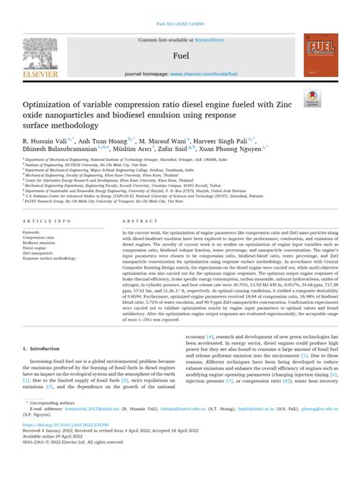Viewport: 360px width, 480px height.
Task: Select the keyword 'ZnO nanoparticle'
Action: [x=39, y=253]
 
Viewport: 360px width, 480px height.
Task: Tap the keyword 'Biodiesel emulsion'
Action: [x=42, y=242]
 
